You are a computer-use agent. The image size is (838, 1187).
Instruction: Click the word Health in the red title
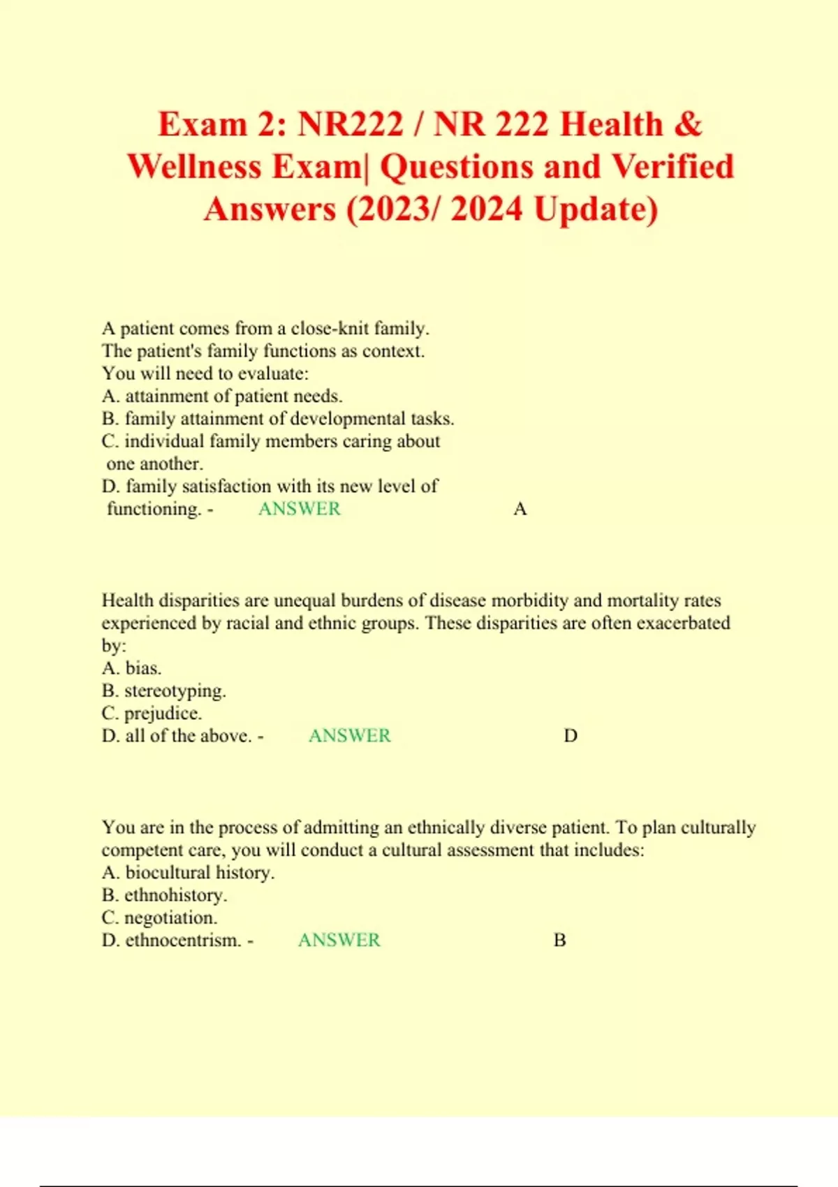point(611,124)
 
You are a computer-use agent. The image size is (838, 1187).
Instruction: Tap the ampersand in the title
point(689,124)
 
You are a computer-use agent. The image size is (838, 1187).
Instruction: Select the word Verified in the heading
point(672,167)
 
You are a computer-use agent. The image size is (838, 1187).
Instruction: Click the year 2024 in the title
point(486,209)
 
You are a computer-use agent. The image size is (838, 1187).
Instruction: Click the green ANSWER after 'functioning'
point(300,508)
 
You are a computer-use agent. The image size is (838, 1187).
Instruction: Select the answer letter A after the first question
point(520,509)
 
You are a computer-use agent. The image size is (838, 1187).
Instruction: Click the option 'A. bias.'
point(131,668)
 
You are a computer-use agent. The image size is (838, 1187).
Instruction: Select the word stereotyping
point(175,691)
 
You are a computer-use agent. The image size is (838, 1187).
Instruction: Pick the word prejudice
point(163,714)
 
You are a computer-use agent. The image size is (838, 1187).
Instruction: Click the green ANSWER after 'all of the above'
point(350,735)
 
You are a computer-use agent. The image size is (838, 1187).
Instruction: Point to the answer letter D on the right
point(571,736)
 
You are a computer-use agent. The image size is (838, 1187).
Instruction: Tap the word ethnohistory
point(175,895)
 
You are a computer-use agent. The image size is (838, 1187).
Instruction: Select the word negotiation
point(170,917)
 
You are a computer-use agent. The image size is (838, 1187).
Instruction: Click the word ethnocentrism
point(183,940)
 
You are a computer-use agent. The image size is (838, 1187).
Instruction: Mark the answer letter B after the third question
point(559,941)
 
